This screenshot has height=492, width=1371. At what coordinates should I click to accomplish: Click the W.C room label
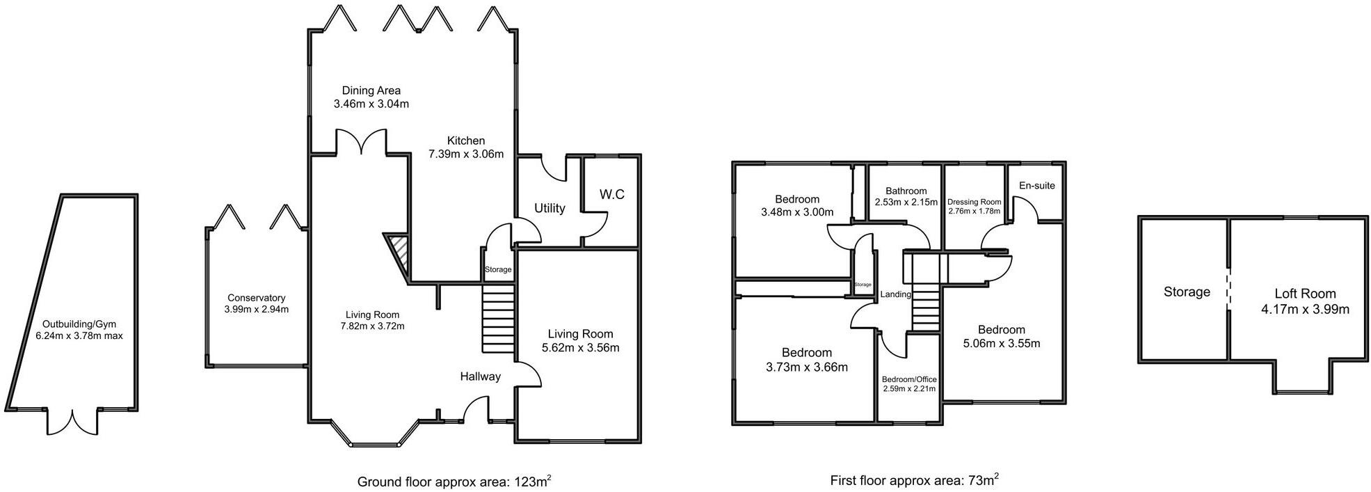[x=611, y=195]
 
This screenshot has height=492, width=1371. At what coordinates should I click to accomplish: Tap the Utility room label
[x=550, y=208]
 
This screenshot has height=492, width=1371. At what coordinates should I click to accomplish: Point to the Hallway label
[x=480, y=376]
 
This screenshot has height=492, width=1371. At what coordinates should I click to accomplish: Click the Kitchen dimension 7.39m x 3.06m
[x=466, y=154]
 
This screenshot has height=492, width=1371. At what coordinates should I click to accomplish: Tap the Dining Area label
[x=371, y=90]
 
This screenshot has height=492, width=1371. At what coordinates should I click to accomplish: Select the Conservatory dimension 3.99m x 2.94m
[x=257, y=309]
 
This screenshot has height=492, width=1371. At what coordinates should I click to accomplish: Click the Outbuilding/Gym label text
[x=79, y=324]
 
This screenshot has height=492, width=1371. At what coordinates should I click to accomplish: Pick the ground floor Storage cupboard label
[x=498, y=269]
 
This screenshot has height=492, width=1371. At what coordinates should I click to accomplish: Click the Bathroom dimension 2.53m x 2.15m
[x=906, y=203]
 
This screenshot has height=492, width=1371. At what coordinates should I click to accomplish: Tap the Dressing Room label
[x=974, y=202]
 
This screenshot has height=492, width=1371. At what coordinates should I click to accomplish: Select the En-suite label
[x=1036, y=186]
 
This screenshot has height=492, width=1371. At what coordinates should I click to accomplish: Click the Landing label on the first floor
[x=895, y=294]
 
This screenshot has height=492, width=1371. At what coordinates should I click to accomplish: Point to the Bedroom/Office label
[x=909, y=379]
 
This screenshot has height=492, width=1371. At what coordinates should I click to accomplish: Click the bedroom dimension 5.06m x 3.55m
[x=1002, y=343]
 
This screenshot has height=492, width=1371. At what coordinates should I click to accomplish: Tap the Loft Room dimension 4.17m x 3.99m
[x=1305, y=309]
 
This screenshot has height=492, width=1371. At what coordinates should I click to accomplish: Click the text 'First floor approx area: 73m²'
[x=914, y=480]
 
